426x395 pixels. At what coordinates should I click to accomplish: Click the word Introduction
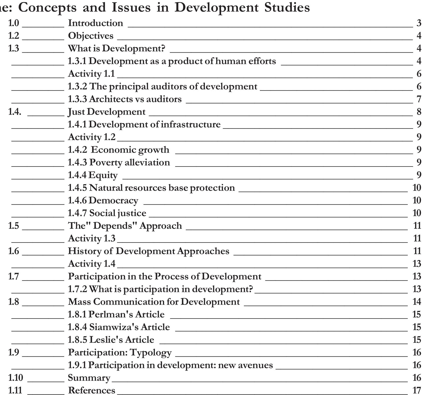pyautogui.click(x=96, y=23)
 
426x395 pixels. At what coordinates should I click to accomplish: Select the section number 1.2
pyautogui.click(x=14, y=36)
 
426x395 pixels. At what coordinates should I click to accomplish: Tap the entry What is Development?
pyautogui.click(x=117, y=48)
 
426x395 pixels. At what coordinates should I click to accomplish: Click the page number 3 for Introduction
pyautogui.click(x=419, y=23)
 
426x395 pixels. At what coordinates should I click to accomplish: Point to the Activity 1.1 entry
pyautogui.click(x=91, y=74)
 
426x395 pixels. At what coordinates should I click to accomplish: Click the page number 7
pyautogui.click(x=419, y=99)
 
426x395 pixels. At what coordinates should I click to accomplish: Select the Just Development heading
pyautogui.click(x=106, y=112)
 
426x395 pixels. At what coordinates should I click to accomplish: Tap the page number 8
pyautogui.click(x=419, y=112)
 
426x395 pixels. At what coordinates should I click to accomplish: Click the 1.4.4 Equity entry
pyautogui.click(x=93, y=175)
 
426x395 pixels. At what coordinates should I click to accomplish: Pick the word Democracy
pyautogui.click(x=114, y=200)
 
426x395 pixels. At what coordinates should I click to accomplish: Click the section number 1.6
pyautogui.click(x=14, y=251)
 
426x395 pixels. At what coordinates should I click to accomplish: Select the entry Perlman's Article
pyautogui.click(x=116, y=314)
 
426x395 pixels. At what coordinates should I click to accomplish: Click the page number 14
pyautogui.click(x=417, y=302)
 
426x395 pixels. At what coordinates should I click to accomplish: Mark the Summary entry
pyautogui.click(x=89, y=378)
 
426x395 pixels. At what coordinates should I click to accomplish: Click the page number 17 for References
pyautogui.click(x=417, y=390)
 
